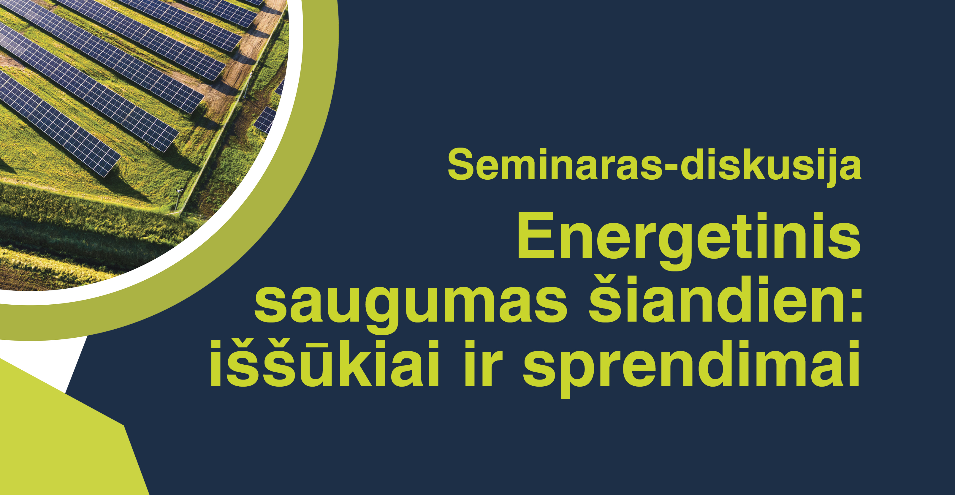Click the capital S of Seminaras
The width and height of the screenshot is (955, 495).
coord(462,164)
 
